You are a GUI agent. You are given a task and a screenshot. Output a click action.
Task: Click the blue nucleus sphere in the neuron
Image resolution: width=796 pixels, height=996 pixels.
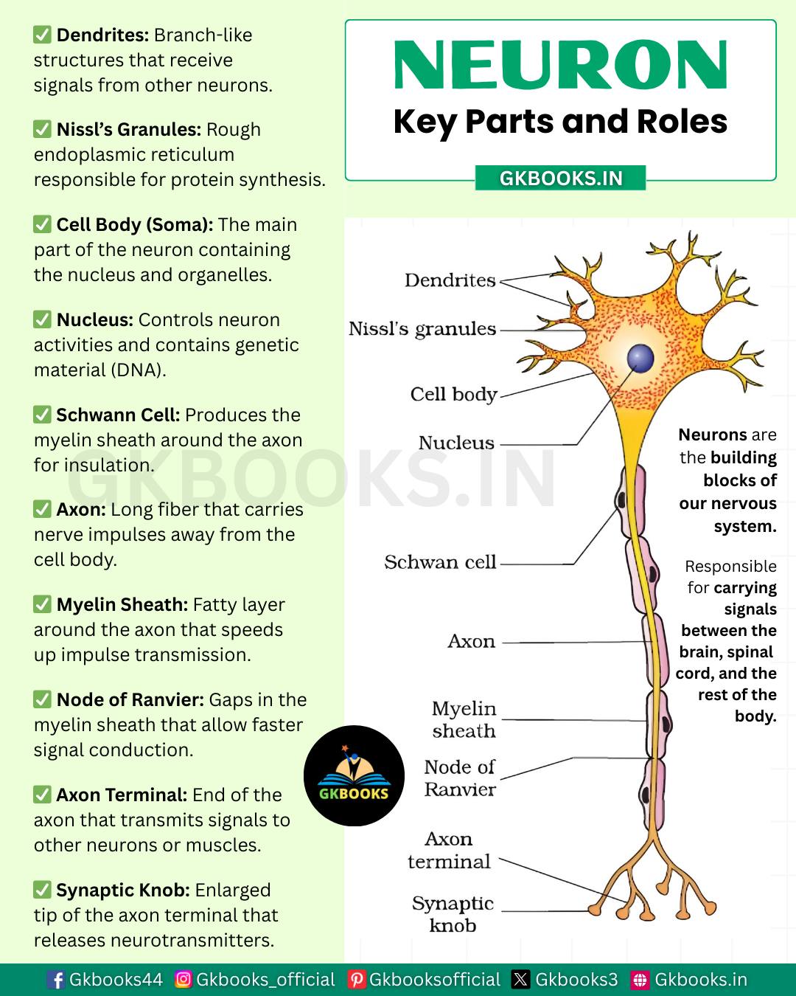tap(640, 359)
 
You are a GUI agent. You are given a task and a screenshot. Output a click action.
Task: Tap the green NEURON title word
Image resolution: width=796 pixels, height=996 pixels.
tap(560, 64)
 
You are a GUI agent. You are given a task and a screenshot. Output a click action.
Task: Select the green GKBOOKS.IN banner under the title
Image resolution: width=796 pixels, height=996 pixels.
tap(560, 179)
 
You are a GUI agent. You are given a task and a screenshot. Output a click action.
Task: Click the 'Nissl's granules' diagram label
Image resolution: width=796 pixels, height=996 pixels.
tap(422, 329)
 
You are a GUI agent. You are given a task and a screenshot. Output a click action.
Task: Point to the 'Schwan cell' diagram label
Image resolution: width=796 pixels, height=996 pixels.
tap(440, 562)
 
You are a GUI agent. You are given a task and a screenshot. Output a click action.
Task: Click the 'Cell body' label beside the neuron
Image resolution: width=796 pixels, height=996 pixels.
tap(454, 395)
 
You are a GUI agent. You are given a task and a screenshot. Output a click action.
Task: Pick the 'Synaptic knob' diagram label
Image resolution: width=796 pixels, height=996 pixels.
tap(453, 914)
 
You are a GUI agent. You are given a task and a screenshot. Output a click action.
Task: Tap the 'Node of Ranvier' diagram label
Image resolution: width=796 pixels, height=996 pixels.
tap(460, 778)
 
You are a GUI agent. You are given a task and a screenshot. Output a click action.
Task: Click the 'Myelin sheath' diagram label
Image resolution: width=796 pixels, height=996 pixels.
tap(464, 719)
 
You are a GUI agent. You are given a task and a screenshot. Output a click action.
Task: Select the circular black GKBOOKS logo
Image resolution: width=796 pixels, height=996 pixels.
tap(354, 775)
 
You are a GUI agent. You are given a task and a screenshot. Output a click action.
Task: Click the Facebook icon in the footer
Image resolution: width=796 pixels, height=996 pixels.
tap(57, 980)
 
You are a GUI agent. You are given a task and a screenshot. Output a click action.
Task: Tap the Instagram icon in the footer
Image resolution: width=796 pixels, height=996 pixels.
tap(184, 979)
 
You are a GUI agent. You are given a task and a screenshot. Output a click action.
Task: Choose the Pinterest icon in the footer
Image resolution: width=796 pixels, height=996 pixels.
tap(357, 980)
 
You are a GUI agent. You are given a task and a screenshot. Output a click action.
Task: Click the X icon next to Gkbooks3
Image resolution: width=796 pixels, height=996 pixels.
tap(521, 980)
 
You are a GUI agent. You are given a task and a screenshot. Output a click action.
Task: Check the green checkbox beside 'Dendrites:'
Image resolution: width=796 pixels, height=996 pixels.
tap(42, 35)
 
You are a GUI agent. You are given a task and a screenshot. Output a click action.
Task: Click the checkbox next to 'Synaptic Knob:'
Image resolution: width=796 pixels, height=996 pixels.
tap(42, 890)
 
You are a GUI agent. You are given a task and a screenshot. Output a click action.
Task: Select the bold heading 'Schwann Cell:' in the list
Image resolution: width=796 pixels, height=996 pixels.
tap(119, 415)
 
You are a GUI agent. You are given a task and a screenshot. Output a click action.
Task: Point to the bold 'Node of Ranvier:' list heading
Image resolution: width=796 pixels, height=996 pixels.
tap(130, 700)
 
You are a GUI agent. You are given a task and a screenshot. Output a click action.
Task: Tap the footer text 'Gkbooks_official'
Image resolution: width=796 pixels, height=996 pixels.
tap(265, 980)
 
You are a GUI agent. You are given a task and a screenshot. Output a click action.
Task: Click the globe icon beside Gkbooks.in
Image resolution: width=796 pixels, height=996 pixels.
tap(640, 980)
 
